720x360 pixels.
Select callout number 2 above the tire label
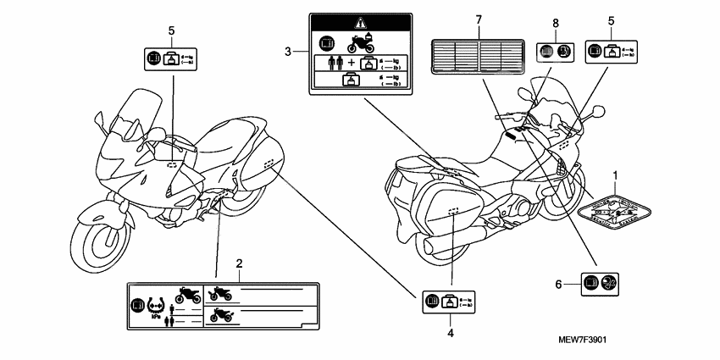(239, 263)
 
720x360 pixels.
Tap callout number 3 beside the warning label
(288, 52)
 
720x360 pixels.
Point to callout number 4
(451, 334)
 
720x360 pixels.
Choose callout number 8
(556, 23)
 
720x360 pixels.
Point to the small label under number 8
(557, 50)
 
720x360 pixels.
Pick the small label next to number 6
(600, 285)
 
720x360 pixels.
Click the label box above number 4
(450, 301)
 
